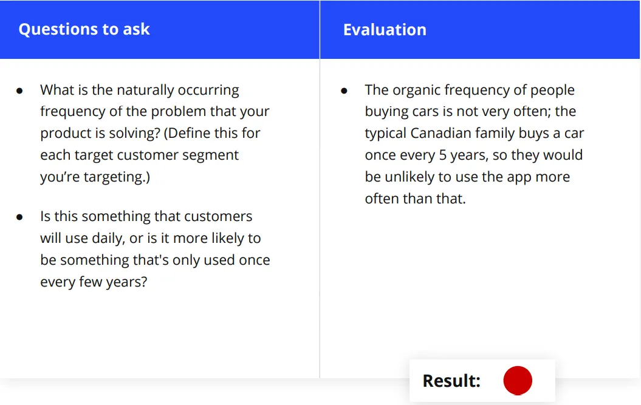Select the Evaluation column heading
(385, 30)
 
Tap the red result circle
(518, 381)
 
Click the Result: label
(451, 381)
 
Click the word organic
(416, 90)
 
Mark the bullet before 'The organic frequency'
(344, 90)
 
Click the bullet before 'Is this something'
(19, 217)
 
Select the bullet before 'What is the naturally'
(19, 90)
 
